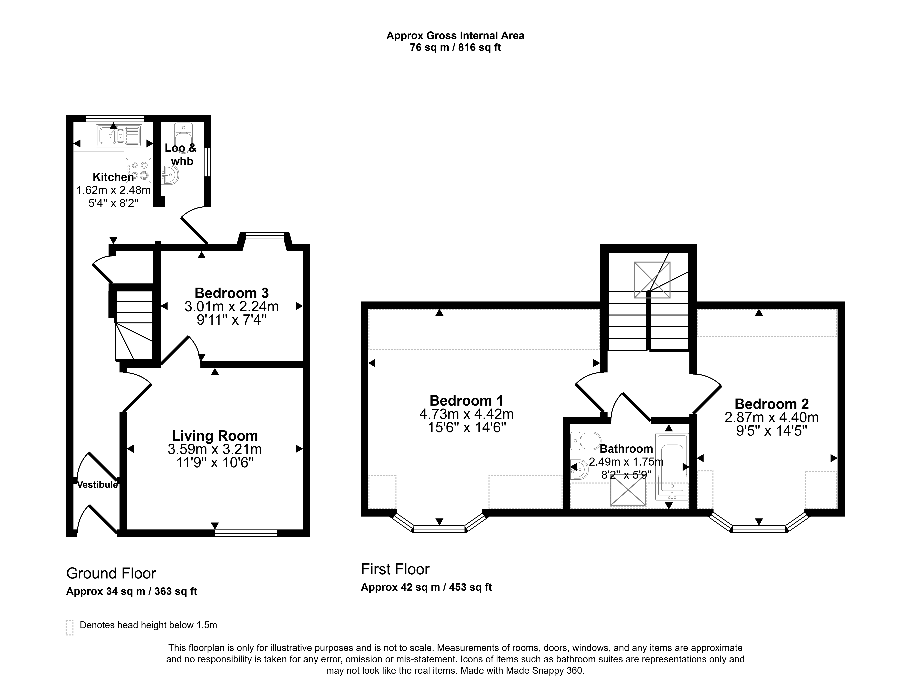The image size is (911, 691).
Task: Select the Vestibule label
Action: (x=98, y=485)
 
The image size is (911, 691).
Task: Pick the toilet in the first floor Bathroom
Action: (x=586, y=441)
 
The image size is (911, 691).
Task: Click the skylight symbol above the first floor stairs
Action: (x=652, y=280)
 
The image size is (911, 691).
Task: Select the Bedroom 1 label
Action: (x=466, y=400)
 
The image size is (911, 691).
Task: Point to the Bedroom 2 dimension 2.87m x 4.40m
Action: (x=771, y=417)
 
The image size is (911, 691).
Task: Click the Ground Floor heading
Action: (x=111, y=573)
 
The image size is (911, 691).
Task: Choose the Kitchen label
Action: (x=113, y=177)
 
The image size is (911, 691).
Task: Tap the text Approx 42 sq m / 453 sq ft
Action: (x=426, y=587)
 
